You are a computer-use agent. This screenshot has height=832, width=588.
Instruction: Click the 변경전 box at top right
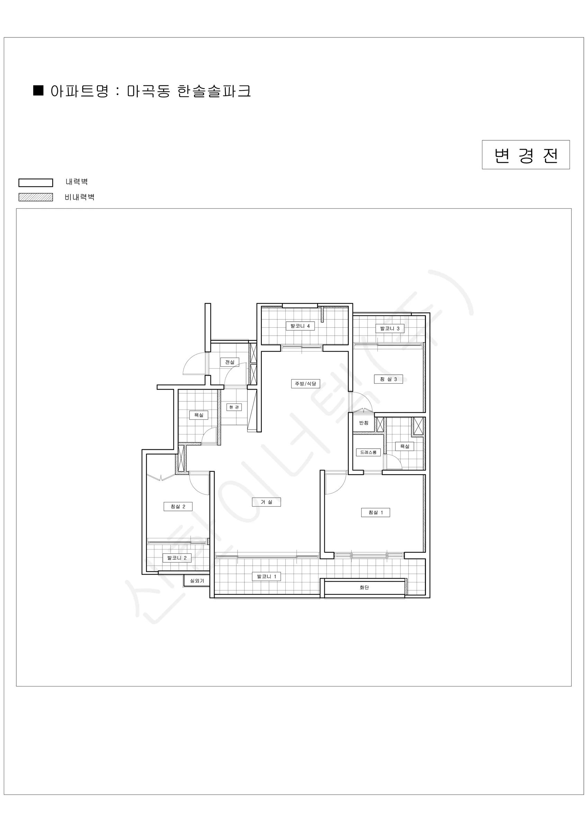pyautogui.click(x=526, y=155)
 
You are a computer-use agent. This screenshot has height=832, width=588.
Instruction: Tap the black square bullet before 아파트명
pyautogui.click(x=38, y=90)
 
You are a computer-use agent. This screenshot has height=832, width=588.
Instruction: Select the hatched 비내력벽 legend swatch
pyautogui.click(x=36, y=197)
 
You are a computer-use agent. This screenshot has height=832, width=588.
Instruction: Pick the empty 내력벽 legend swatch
pyautogui.click(x=36, y=183)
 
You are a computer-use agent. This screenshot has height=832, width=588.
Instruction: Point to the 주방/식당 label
pyautogui.click(x=305, y=383)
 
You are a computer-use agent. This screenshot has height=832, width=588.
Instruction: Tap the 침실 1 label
pyautogui.click(x=375, y=512)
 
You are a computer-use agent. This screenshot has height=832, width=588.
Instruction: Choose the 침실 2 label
pyautogui.click(x=178, y=506)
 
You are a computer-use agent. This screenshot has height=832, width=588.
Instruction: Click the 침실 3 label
pyautogui.click(x=389, y=379)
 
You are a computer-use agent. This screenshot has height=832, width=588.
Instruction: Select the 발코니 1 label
pyautogui.click(x=267, y=577)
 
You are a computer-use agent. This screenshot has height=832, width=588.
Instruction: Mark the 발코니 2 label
pyautogui.click(x=177, y=558)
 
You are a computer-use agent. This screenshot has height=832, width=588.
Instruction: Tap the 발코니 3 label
pyautogui.click(x=390, y=328)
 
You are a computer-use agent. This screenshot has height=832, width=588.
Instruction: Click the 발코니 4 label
pyautogui.click(x=300, y=326)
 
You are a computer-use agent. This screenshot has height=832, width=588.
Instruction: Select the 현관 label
pyautogui.click(x=234, y=407)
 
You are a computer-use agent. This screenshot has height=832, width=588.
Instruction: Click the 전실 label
pyautogui.click(x=230, y=362)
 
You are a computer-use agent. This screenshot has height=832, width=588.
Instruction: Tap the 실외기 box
pyautogui.click(x=197, y=581)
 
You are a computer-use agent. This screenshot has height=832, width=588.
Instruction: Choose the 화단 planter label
pyautogui.click(x=364, y=587)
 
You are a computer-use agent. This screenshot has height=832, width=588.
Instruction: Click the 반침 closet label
pyautogui.click(x=364, y=423)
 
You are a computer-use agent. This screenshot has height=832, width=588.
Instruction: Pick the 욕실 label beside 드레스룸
pyautogui.click(x=405, y=447)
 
